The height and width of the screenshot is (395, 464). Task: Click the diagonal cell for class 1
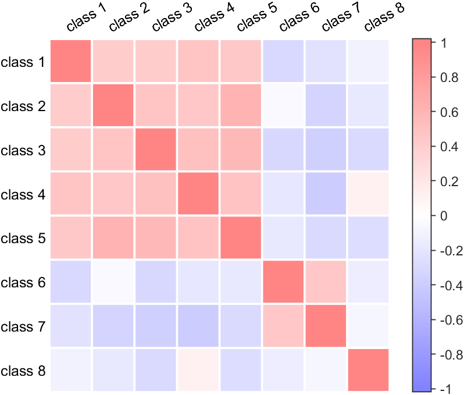click(70, 61)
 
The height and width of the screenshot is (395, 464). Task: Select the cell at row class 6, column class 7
click(325, 282)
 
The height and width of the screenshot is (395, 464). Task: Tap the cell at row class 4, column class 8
click(367, 194)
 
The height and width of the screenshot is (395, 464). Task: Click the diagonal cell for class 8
click(367, 370)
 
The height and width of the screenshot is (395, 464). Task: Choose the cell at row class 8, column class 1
click(70, 370)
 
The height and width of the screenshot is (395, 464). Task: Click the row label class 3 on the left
click(23, 150)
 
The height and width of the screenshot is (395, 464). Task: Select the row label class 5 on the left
click(23, 239)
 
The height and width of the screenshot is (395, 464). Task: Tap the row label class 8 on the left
click(23, 371)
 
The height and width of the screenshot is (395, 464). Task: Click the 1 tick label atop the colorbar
click(443, 42)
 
